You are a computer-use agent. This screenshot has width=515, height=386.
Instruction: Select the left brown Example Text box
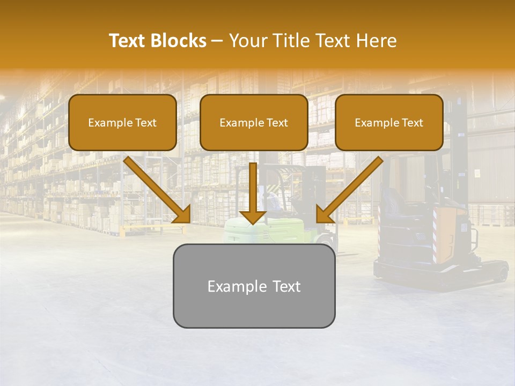pos(122,122)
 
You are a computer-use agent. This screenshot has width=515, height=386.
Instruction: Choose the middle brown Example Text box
pos(254,122)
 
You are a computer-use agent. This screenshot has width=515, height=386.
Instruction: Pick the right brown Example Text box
pos(389,122)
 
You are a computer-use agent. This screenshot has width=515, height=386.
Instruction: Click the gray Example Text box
pos(254,286)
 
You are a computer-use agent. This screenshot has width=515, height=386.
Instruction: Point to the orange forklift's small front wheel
pos(502,273)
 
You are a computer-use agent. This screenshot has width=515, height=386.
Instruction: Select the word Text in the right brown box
pos(412,123)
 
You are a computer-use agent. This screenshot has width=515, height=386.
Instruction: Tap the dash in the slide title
pos(217,41)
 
